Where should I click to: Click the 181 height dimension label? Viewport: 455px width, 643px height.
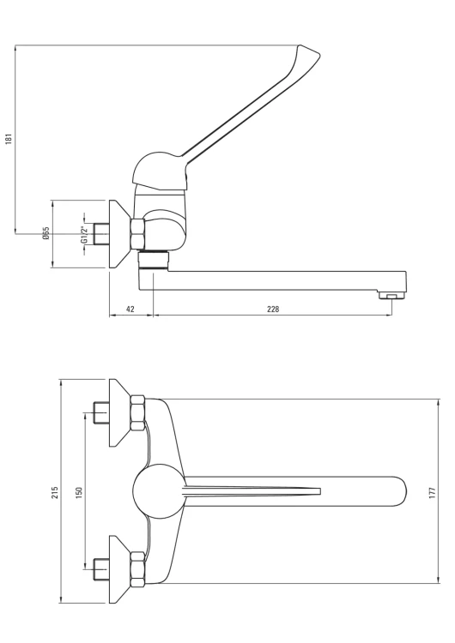(9, 139)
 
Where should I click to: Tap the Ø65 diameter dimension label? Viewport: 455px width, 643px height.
(46, 233)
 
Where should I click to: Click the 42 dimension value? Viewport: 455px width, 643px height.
(130, 309)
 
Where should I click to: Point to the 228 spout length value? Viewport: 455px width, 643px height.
(273, 309)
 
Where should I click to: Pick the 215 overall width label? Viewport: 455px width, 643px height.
(55, 492)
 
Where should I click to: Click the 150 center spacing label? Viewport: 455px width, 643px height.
(79, 492)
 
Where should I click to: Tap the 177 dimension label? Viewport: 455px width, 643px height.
(432, 492)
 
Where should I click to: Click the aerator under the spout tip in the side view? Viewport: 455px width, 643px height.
(391, 295)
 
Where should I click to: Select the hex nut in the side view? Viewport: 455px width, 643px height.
(137, 234)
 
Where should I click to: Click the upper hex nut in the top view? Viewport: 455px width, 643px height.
(137, 412)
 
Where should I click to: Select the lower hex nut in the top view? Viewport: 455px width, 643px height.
(137, 570)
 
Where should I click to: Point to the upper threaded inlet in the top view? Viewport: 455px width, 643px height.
(101, 413)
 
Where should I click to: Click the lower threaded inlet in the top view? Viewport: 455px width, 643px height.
(101, 569)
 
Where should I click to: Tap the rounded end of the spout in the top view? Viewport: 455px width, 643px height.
(397, 491)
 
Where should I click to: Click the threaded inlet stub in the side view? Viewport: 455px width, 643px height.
(101, 234)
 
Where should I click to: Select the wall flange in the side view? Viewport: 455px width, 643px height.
(119, 234)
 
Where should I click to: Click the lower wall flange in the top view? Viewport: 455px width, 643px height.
(119, 569)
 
